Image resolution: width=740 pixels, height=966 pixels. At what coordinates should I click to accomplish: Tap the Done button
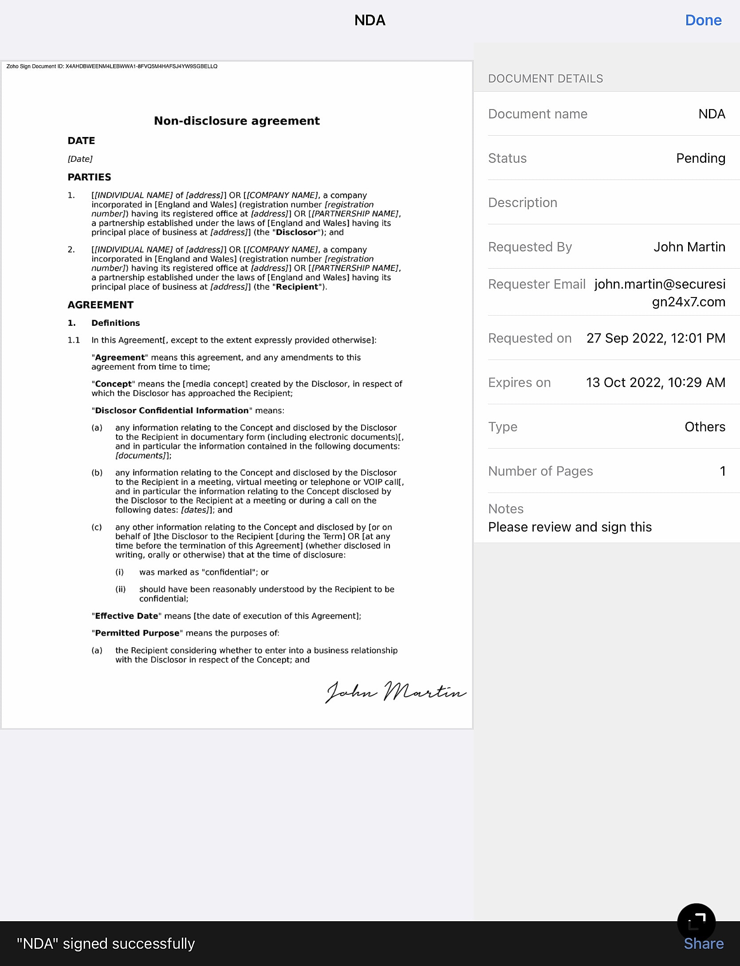pos(703,20)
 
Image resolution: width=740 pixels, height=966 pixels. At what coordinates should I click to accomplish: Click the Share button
pos(703,943)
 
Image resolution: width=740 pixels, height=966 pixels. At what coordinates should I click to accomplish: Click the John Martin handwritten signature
pos(395,692)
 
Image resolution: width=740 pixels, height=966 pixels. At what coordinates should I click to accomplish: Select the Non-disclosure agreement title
pos(236,121)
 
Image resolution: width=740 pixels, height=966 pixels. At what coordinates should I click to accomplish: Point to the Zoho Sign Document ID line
pos(112,66)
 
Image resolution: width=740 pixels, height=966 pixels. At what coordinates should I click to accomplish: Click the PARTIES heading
pos(89,177)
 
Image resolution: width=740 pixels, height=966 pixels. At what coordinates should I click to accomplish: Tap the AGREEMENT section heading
pos(100,305)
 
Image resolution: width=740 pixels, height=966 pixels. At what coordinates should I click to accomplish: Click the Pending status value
pos(700,158)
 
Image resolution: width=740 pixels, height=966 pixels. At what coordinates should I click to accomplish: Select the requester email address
pos(660,293)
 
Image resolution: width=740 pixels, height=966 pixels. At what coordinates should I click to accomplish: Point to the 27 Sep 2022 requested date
pos(655,338)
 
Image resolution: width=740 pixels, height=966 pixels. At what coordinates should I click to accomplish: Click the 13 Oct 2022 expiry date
pos(655,383)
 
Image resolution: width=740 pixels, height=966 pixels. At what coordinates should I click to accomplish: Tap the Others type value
pos(705,427)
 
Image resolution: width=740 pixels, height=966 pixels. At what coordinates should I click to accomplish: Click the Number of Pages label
pos(540,471)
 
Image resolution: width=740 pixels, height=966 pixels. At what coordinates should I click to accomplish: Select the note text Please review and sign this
pos(570,527)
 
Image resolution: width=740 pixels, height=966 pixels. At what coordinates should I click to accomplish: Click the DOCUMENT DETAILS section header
pos(545,79)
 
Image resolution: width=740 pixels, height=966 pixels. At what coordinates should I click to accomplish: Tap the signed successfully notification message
pos(106,943)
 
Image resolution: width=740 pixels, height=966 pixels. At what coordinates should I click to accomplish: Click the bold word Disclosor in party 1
pos(296,232)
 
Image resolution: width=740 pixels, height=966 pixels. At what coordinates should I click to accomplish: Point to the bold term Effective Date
pos(126,616)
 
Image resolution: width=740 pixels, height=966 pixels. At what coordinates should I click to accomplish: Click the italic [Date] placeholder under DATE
pos(80,159)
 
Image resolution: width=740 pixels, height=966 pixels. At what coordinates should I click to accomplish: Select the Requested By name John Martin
pos(689,247)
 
